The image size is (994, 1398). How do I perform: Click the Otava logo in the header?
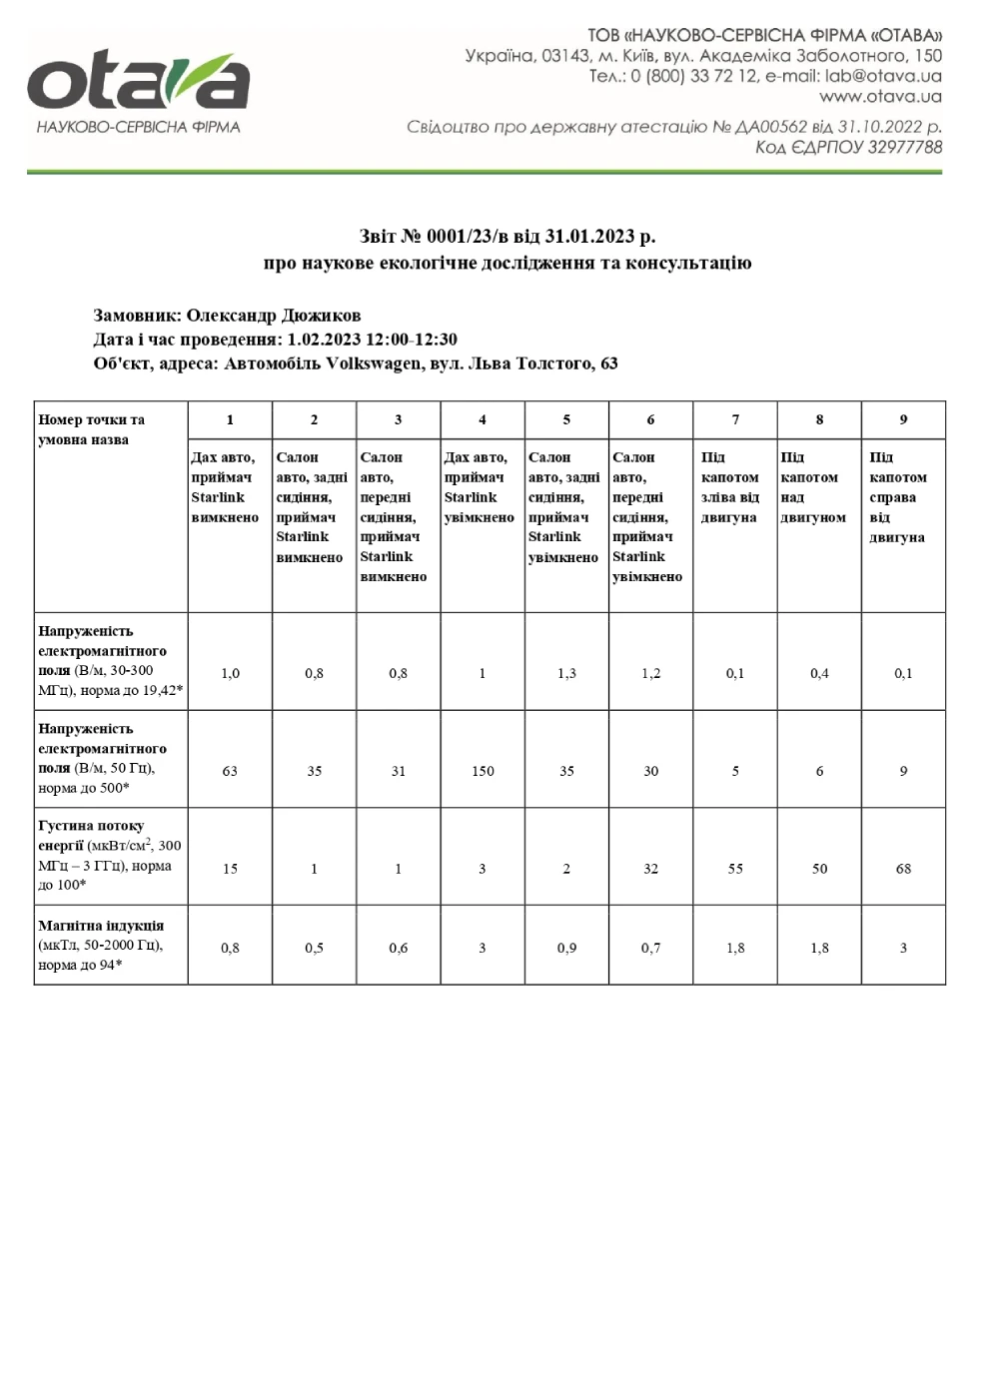pos(138,89)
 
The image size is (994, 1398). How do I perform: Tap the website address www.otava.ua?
pos(880,97)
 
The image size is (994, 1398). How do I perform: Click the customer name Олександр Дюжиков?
pos(274,316)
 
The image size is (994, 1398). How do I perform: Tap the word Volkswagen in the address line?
pos(373,363)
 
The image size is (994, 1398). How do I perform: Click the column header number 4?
pos(483,420)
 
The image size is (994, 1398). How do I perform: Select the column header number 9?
pos(903,420)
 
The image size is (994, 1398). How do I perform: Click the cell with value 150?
pos(483,771)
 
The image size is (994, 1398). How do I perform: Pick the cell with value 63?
pos(230,771)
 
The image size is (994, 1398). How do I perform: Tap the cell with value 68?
pos(903,869)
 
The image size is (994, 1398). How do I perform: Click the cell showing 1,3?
pos(566,673)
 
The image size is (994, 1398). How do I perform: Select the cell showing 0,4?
pos(819,673)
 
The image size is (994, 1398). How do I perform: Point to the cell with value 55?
pos(735,869)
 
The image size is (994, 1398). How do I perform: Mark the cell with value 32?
pos(650,869)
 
